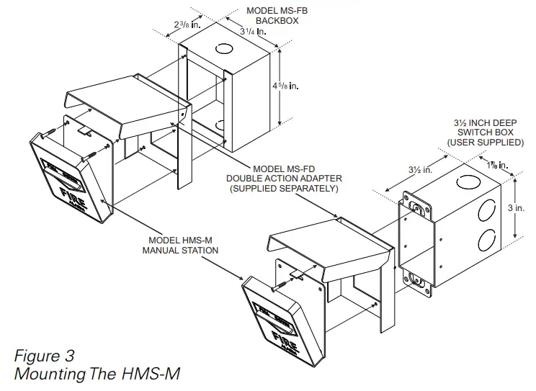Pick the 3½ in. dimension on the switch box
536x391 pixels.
coord(420,171)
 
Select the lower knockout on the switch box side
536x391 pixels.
coord(486,241)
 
